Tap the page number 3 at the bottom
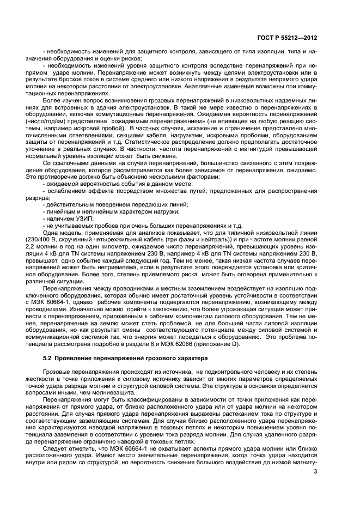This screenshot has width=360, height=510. point(315,480)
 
